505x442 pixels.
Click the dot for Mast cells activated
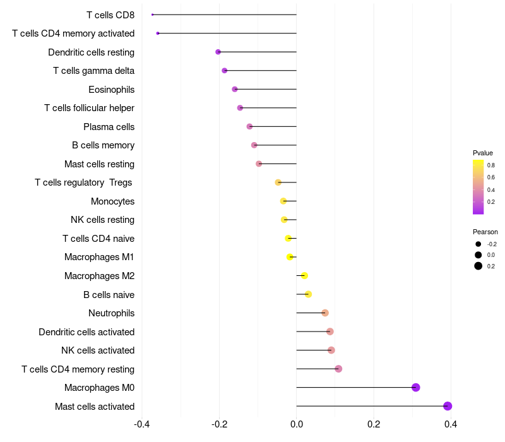(x=448, y=406)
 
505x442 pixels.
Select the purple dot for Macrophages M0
(x=416, y=387)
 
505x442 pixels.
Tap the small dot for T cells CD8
(x=152, y=15)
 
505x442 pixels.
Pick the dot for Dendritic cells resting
(x=218, y=52)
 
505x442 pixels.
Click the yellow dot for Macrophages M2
(x=304, y=275)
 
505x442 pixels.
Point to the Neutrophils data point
(x=325, y=313)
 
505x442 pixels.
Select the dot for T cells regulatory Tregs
(x=278, y=182)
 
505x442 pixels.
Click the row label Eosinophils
(x=112, y=89)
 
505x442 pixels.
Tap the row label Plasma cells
(x=109, y=127)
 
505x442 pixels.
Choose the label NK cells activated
(x=98, y=350)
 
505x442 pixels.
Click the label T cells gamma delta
(x=93, y=71)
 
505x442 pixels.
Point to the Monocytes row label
(x=113, y=201)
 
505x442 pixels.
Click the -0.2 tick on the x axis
(x=219, y=424)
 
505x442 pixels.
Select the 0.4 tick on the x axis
(x=451, y=424)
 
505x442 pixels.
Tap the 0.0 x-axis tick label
(x=296, y=424)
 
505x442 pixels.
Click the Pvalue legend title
(x=483, y=153)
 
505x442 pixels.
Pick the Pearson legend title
(x=485, y=232)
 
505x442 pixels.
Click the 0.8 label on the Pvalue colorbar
(x=491, y=165)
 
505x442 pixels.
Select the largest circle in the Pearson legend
(x=478, y=266)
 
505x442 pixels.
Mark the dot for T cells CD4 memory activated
(x=157, y=33)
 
